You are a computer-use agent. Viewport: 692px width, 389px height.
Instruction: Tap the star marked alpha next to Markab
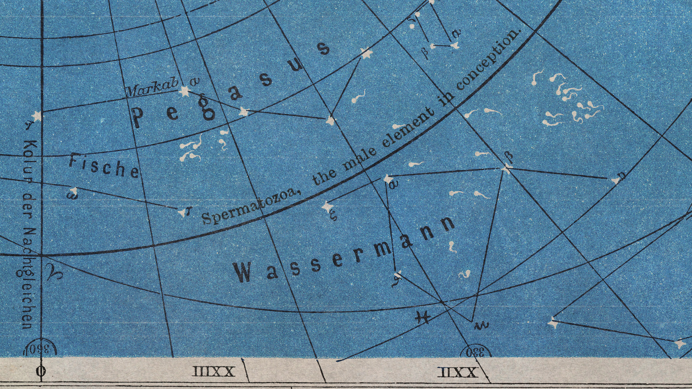click(184, 92)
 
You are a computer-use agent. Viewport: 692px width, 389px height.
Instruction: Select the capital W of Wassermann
click(242, 272)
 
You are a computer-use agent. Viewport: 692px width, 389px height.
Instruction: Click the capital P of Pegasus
click(138, 117)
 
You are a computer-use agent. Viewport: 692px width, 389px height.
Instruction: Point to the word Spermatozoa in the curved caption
click(249, 207)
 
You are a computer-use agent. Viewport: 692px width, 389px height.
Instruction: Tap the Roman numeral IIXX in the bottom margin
click(458, 372)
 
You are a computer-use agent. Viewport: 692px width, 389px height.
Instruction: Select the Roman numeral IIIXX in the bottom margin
click(213, 372)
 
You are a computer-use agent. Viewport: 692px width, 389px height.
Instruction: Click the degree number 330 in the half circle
click(475, 353)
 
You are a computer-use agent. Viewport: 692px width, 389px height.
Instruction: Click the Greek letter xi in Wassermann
click(333, 216)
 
